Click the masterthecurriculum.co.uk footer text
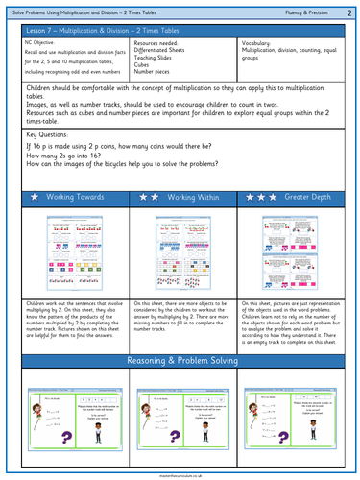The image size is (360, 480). [180, 474]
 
